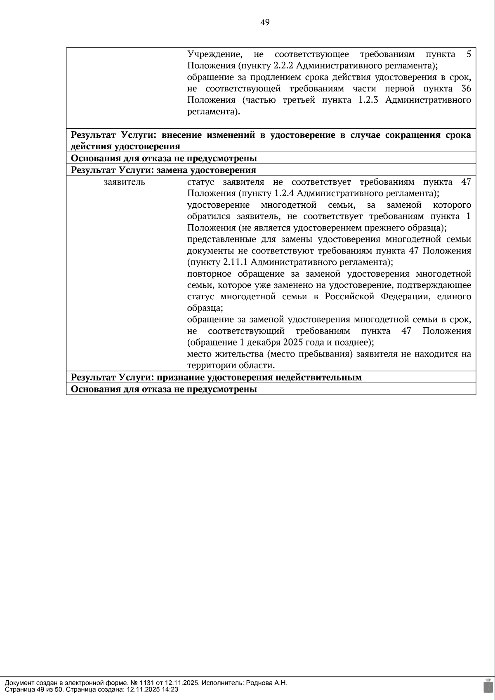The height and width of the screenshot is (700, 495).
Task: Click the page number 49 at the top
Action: tap(265, 23)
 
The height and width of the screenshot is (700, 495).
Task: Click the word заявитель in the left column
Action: tap(124, 182)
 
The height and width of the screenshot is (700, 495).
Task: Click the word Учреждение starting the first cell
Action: tap(214, 54)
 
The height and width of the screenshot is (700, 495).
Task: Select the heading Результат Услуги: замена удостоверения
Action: tap(163, 170)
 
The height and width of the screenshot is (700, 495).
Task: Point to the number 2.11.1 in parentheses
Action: tap(236, 262)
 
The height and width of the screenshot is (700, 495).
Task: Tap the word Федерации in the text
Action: tap(403, 297)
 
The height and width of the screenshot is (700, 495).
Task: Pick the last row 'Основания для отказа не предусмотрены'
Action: tap(164, 389)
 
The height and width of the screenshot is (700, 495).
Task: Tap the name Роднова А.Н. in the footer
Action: tap(266, 683)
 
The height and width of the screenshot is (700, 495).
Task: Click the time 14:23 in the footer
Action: tap(170, 689)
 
